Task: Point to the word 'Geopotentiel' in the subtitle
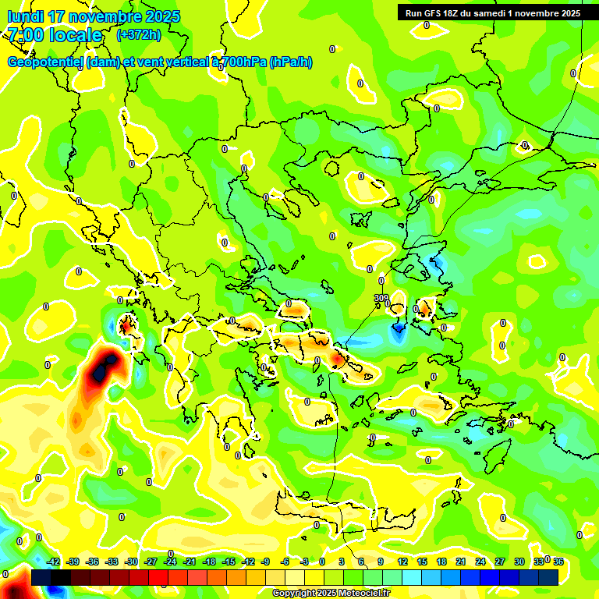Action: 45,62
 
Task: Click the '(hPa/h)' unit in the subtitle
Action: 291,62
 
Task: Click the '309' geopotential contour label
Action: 381,298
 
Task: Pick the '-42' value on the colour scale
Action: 53,562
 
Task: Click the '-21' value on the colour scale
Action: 190,562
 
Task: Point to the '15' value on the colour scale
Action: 422,562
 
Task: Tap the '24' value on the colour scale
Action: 480,562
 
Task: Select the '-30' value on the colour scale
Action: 131,562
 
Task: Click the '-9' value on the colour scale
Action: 265,562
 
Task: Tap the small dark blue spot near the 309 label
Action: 399,330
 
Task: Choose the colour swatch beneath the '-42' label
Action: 41,577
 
